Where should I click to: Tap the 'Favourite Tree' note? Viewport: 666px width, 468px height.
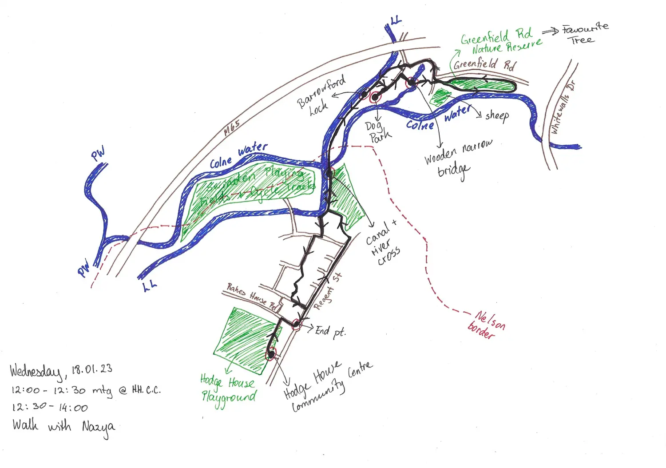pos(584,34)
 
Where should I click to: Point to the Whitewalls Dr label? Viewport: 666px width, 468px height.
pos(562,108)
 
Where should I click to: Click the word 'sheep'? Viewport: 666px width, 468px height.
pos(497,116)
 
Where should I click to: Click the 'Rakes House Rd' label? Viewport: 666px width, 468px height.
pos(251,296)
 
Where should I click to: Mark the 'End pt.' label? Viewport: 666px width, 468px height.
pos(330,331)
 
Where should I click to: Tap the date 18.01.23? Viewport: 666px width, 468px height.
pos(92,369)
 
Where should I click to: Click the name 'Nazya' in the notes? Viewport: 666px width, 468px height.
pos(98,428)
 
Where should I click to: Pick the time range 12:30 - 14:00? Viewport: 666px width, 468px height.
pos(50,408)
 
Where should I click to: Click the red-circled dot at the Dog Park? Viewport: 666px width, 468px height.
pos(375,97)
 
